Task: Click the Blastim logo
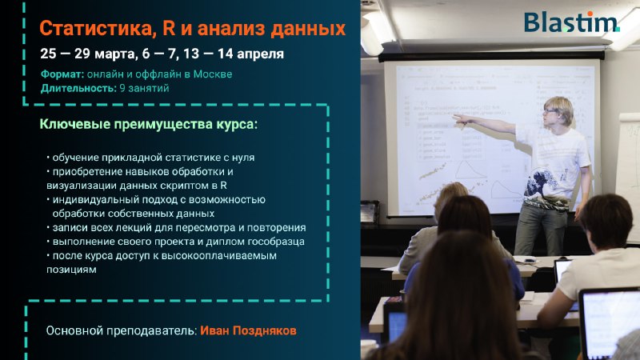pyautogui.click(x=572, y=22)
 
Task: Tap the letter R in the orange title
pyautogui.click(x=169, y=28)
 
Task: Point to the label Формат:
pyautogui.click(x=62, y=74)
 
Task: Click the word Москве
pyautogui.click(x=213, y=74)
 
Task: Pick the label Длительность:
pyautogui.click(x=78, y=88)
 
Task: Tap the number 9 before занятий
pyautogui.click(x=122, y=88)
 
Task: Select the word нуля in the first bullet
pyautogui.click(x=243, y=158)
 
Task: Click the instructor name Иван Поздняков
pyautogui.click(x=248, y=330)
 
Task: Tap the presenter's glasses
pyautogui.click(x=550, y=110)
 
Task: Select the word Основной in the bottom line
pyautogui.click(x=74, y=330)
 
